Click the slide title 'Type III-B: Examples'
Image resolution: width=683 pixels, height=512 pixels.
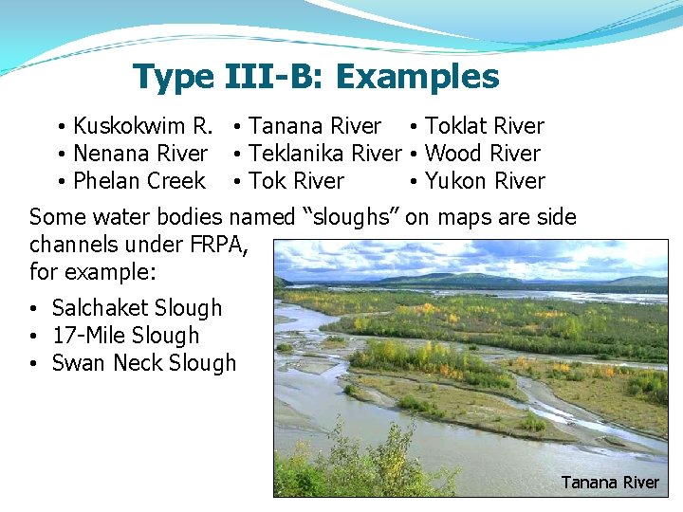point(316,77)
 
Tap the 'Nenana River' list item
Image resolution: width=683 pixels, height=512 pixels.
point(140,154)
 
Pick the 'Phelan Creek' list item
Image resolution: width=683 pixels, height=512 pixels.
point(138,181)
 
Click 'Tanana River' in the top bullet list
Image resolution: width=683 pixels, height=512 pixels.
point(314,126)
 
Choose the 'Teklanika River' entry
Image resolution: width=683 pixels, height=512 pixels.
point(324,154)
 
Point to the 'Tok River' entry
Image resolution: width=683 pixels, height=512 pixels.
point(296,181)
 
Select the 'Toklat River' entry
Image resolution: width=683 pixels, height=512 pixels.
point(484,126)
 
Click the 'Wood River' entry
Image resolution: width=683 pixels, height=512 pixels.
point(482,154)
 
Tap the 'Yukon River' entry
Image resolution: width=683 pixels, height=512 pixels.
point(485,181)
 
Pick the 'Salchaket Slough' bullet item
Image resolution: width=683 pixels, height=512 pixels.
point(137,308)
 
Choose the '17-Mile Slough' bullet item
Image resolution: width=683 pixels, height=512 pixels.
point(125,336)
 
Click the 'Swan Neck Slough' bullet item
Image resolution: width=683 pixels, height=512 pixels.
point(143,363)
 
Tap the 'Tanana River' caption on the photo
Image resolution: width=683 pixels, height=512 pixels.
point(610,483)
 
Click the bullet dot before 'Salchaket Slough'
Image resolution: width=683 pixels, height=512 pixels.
point(33,309)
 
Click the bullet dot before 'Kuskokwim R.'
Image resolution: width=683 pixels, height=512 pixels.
point(60,128)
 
